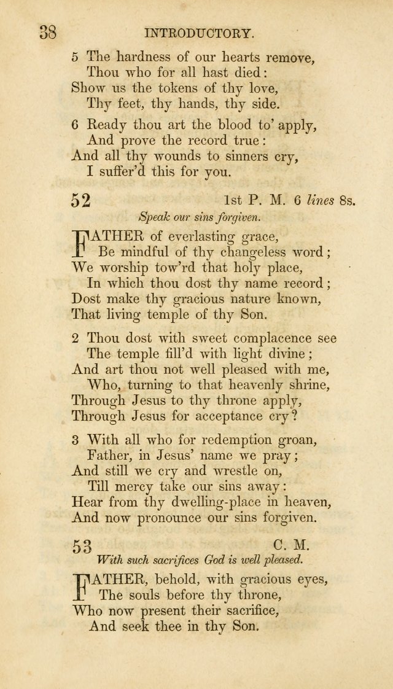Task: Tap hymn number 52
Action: click(x=81, y=200)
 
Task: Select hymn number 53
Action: click(x=82, y=546)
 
